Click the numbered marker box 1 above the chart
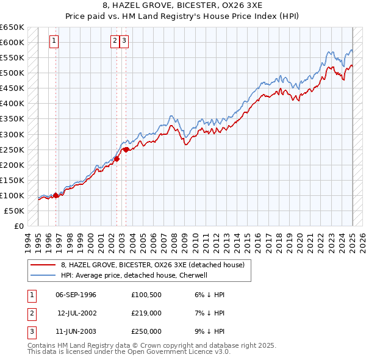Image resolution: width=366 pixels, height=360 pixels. pyautogui.click(x=54, y=41)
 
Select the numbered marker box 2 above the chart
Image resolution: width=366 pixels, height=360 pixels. pyautogui.click(x=115, y=41)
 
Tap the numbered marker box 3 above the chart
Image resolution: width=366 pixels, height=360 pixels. pyautogui.click(x=124, y=41)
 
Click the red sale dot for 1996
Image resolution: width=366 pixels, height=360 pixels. pyautogui.click(x=56, y=195)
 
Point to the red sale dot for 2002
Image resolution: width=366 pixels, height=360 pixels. pyautogui.click(x=117, y=159)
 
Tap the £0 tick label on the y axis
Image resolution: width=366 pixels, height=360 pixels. pyautogui.click(x=19, y=226)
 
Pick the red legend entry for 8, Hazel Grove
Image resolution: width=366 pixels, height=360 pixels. pyautogui.click(x=152, y=265)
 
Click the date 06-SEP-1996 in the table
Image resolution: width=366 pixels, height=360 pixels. pyautogui.click(x=76, y=295)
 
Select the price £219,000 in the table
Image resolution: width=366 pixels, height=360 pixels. pyautogui.click(x=146, y=313)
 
